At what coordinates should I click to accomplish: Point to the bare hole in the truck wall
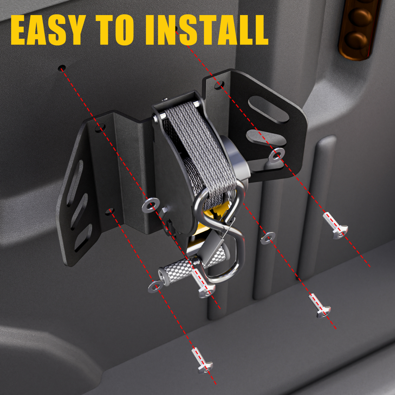(x=62, y=68)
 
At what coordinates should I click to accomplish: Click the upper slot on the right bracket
(x=268, y=109)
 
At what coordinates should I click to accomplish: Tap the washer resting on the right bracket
(x=277, y=154)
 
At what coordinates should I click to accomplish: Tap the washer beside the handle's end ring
(x=155, y=287)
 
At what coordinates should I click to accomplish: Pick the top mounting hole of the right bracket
(x=219, y=85)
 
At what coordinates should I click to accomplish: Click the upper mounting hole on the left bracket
(x=100, y=128)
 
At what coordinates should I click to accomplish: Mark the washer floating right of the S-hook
(x=268, y=238)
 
